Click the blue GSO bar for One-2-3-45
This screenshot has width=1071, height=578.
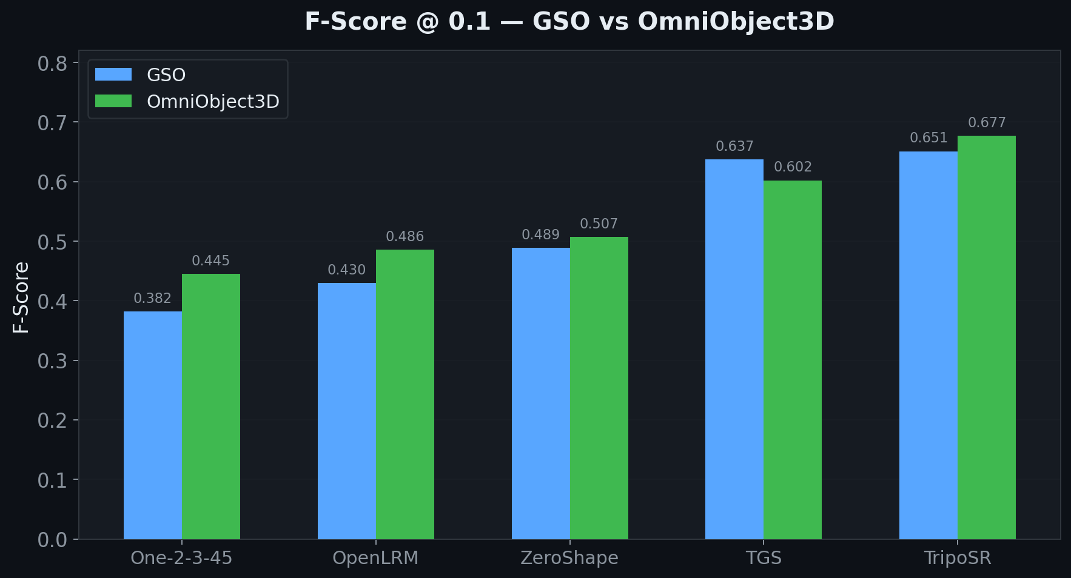point(153,425)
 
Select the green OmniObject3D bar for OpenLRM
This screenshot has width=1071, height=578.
point(405,394)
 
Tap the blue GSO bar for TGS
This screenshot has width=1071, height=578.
point(734,349)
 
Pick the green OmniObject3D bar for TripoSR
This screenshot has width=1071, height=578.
point(987,337)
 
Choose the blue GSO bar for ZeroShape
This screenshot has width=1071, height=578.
point(541,393)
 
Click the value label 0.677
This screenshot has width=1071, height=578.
point(987,123)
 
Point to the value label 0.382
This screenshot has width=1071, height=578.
point(152,299)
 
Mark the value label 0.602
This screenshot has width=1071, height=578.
point(793,167)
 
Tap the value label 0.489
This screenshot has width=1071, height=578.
point(540,235)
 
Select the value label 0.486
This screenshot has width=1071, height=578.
point(405,237)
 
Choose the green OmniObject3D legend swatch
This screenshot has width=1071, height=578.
point(113,101)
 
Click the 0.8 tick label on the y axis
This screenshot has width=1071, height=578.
point(52,64)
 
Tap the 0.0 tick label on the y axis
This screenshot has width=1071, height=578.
point(52,540)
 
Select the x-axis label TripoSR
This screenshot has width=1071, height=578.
point(958,558)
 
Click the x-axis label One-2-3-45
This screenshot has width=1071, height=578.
point(181,558)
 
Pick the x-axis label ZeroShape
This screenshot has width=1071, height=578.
point(569,558)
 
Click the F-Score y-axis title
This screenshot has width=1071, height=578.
point(21,297)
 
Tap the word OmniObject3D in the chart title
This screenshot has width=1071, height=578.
point(736,22)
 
